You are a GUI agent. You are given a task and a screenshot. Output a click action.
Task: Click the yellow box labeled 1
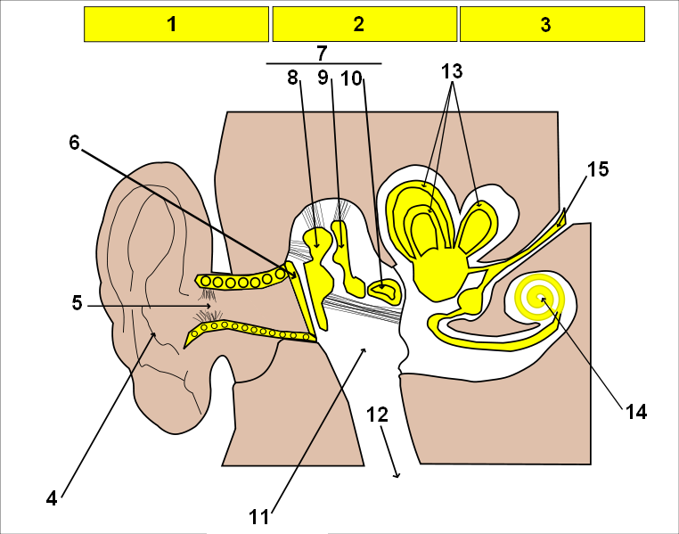coord(176,24)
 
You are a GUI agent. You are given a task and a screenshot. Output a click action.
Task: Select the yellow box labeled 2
coord(364,24)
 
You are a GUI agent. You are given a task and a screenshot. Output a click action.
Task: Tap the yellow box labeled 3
coord(552,24)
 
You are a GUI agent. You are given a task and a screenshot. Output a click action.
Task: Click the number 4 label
coord(52,498)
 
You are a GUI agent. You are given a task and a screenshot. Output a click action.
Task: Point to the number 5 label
coord(78,303)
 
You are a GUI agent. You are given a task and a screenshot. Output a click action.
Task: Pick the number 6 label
coord(75,143)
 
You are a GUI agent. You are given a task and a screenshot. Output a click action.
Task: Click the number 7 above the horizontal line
coord(322,53)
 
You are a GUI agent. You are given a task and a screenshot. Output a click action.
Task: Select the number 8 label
coord(293,78)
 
